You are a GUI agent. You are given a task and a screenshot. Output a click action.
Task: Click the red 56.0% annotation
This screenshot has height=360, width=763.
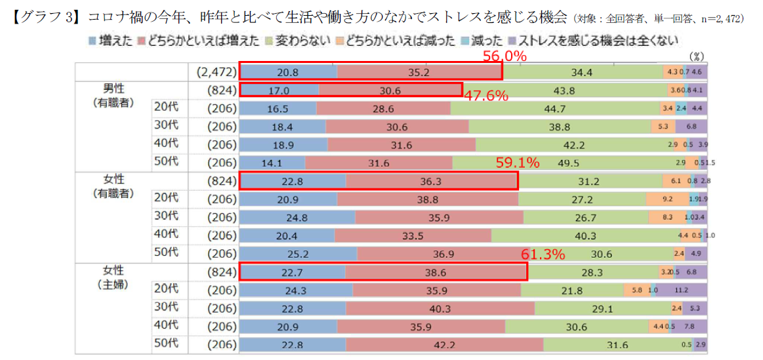tap(505, 56)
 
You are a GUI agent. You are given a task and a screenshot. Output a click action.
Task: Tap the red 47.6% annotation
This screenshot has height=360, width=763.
tap(486, 96)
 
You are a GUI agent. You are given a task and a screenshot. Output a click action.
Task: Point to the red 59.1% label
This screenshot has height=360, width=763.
tap(518, 162)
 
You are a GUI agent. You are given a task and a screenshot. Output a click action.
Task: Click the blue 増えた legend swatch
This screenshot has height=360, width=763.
tap(91, 42)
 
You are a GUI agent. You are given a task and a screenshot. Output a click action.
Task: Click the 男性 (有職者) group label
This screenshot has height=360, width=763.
tap(113, 95)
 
